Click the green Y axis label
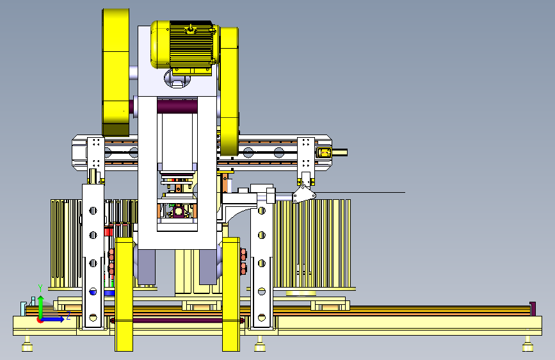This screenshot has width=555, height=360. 40,288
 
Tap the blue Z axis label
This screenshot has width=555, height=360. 68,316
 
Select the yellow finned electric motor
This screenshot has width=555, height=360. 183,45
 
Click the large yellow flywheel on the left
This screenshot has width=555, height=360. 116,72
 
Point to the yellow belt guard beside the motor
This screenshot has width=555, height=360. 229,91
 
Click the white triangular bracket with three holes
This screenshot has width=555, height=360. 303,194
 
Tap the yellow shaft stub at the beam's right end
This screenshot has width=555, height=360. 339,152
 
